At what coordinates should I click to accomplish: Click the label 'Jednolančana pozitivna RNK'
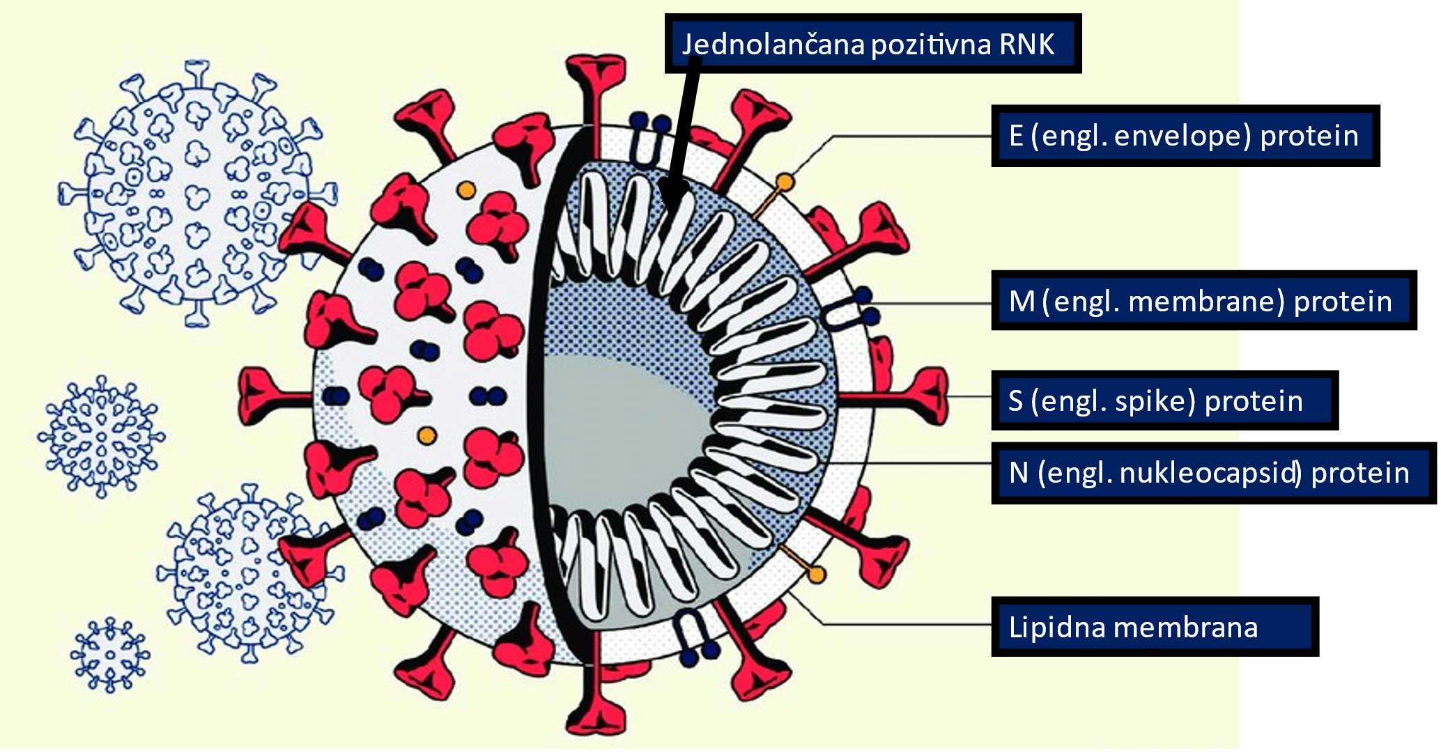click(x=872, y=44)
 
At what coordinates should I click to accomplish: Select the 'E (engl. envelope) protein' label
click(x=1185, y=136)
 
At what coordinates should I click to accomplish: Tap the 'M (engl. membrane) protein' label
click(x=1203, y=301)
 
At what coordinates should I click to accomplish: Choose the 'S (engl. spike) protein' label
click(x=1164, y=400)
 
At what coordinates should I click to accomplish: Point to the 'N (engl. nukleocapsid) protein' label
click(x=1212, y=473)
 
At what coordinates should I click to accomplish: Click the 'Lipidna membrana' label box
click(x=1154, y=627)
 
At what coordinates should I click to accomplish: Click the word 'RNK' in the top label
click(x=1027, y=44)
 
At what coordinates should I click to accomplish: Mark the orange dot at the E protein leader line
click(x=785, y=183)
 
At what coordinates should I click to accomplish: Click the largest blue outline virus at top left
click(x=196, y=194)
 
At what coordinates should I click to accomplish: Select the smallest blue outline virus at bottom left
click(x=110, y=655)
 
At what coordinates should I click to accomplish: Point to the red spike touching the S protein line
click(x=920, y=396)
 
